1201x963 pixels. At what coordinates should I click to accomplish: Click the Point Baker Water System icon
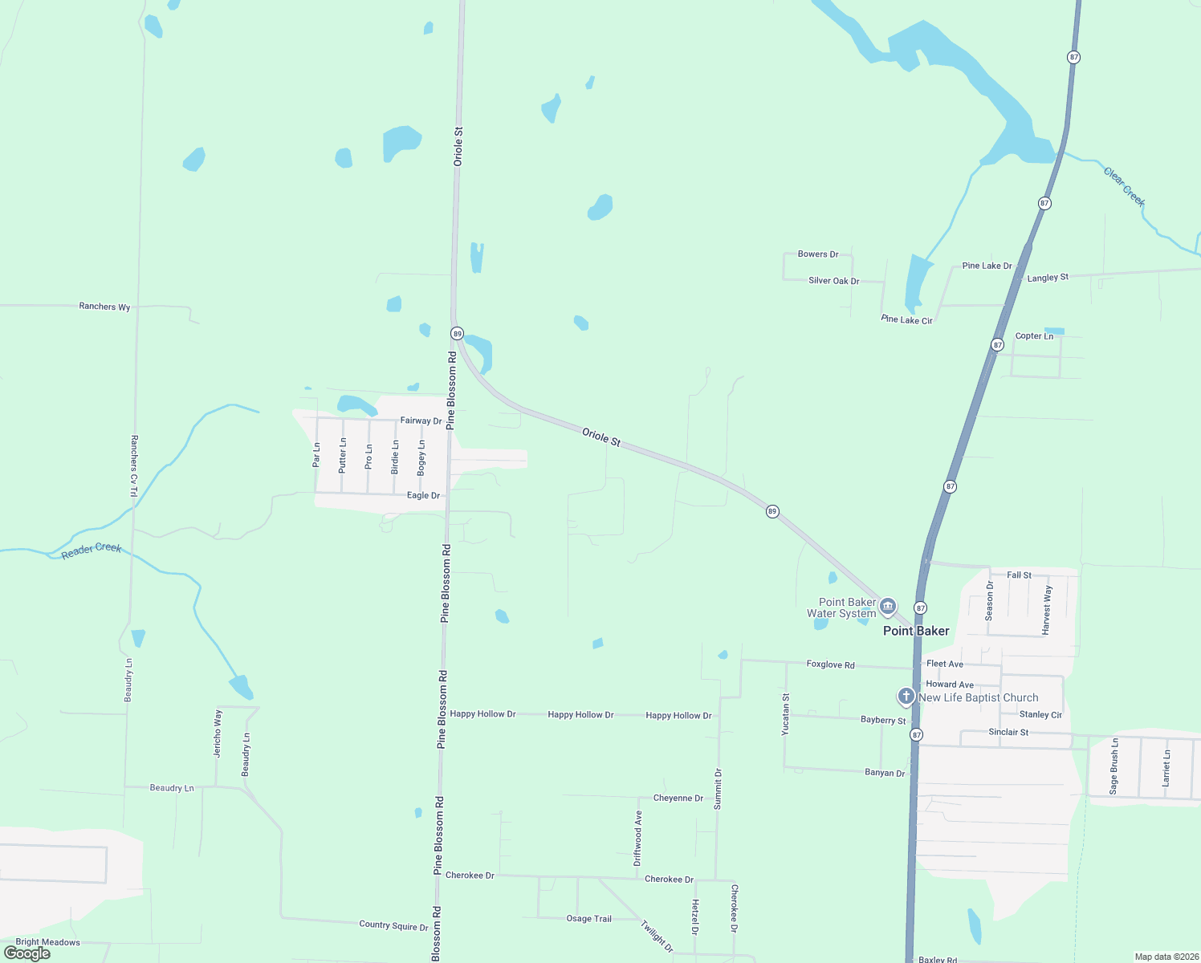(x=887, y=606)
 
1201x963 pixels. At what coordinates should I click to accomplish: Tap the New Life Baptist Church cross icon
(x=906, y=696)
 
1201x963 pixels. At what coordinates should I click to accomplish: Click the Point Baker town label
(x=916, y=631)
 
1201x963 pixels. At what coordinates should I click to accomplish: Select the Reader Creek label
(x=92, y=550)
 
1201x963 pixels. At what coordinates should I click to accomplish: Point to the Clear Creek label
(x=1124, y=186)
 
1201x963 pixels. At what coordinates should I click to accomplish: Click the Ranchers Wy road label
(x=104, y=307)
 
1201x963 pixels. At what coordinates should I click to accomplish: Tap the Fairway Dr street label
(x=421, y=421)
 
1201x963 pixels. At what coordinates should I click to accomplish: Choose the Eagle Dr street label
(x=423, y=495)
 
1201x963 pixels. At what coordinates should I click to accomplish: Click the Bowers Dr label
(x=818, y=254)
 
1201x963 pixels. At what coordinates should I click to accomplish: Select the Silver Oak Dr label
(x=833, y=281)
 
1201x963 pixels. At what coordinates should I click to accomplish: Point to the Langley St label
(x=1048, y=278)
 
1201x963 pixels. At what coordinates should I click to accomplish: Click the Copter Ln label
(x=1034, y=336)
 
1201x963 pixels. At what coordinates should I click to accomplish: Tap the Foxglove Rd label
(x=830, y=664)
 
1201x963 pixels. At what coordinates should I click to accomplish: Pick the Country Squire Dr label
(x=393, y=925)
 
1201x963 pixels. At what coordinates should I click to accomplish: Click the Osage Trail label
(x=588, y=919)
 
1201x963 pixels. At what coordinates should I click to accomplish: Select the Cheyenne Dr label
(x=678, y=798)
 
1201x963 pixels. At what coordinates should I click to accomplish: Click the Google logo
(x=27, y=953)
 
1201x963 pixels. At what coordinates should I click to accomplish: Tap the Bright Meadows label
(x=47, y=942)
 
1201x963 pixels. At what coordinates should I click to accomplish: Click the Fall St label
(x=1019, y=575)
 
